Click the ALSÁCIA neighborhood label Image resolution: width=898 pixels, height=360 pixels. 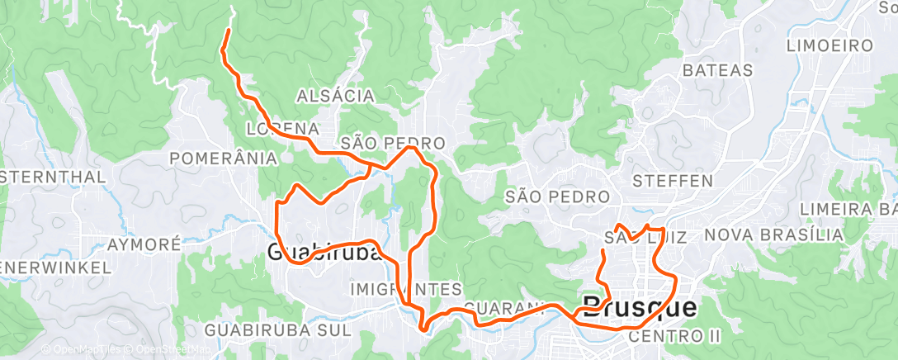tap(340, 96)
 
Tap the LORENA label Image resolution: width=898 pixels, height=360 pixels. tap(282, 129)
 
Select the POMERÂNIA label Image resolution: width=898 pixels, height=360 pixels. tap(221, 157)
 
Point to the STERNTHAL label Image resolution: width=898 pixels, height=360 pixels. tap(53, 177)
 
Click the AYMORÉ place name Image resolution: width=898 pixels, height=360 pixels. tap(144, 245)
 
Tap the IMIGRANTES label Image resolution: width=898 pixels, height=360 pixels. tap(406, 289)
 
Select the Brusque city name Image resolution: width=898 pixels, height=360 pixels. tap(640, 308)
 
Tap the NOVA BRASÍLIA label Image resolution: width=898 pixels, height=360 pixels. tap(773, 235)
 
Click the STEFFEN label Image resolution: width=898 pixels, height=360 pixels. tap(672, 179)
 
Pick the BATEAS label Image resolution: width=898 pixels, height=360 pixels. tap(717, 71)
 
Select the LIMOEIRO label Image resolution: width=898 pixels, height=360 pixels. tap(830, 44)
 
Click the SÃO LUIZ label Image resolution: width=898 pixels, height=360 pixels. tap(646, 238)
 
